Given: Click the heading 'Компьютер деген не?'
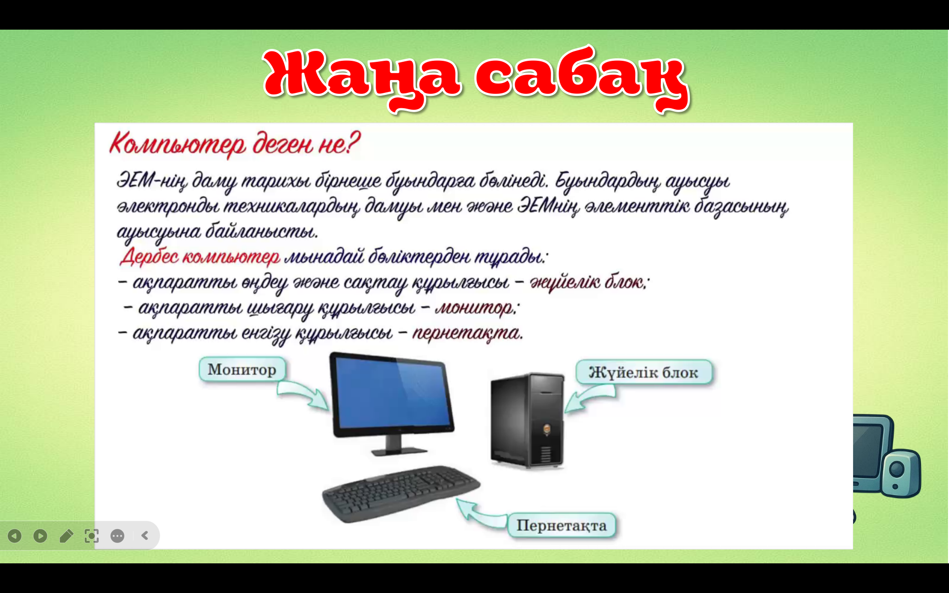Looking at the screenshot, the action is point(235,144).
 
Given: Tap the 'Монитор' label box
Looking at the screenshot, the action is point(242,370).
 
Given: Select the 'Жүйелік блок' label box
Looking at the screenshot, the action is point(644,372).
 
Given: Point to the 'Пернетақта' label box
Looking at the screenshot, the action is point(561,525).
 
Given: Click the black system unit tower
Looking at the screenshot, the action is point(527,421).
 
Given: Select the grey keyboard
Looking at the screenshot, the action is point(400,494).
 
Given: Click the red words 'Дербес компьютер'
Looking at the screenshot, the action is point(200,256).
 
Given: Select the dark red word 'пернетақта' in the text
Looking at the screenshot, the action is point(467,333).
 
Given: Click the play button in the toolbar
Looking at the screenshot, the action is point(40,536).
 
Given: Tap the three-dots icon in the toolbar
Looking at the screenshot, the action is point(117,536).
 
